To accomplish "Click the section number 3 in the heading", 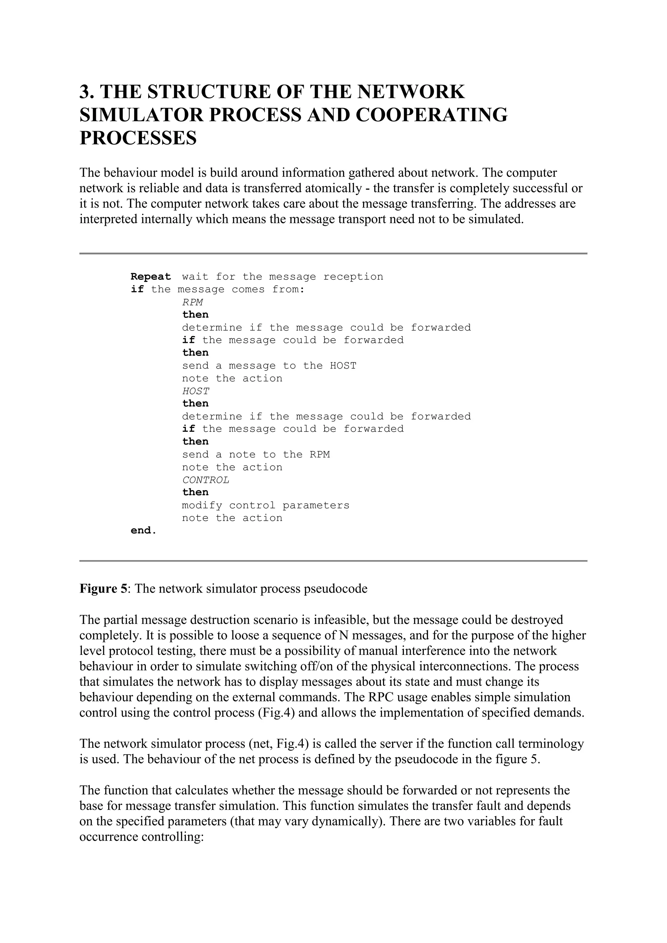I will click(x=85, y=91).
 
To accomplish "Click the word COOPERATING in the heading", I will click(x=431, y=115).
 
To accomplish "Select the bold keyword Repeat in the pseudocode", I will click(x=151, y=277).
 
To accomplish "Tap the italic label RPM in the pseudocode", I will click(x=192, y=302).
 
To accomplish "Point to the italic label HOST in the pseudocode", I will click(x=195, y=391).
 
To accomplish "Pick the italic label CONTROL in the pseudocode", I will click(x=206, y=480).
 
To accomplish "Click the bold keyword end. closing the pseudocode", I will click(x=143, y=531).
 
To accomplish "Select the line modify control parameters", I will click(x=266, y=505).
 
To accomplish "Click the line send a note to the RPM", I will click(x=256, y=454).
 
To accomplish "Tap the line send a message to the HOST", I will click(x=269, y=366).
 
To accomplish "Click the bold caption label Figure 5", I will click(x=104, y=589).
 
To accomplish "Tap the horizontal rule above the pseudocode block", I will click(x=333, y=253).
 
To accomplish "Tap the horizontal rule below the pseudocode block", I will click(x=333, y=561).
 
